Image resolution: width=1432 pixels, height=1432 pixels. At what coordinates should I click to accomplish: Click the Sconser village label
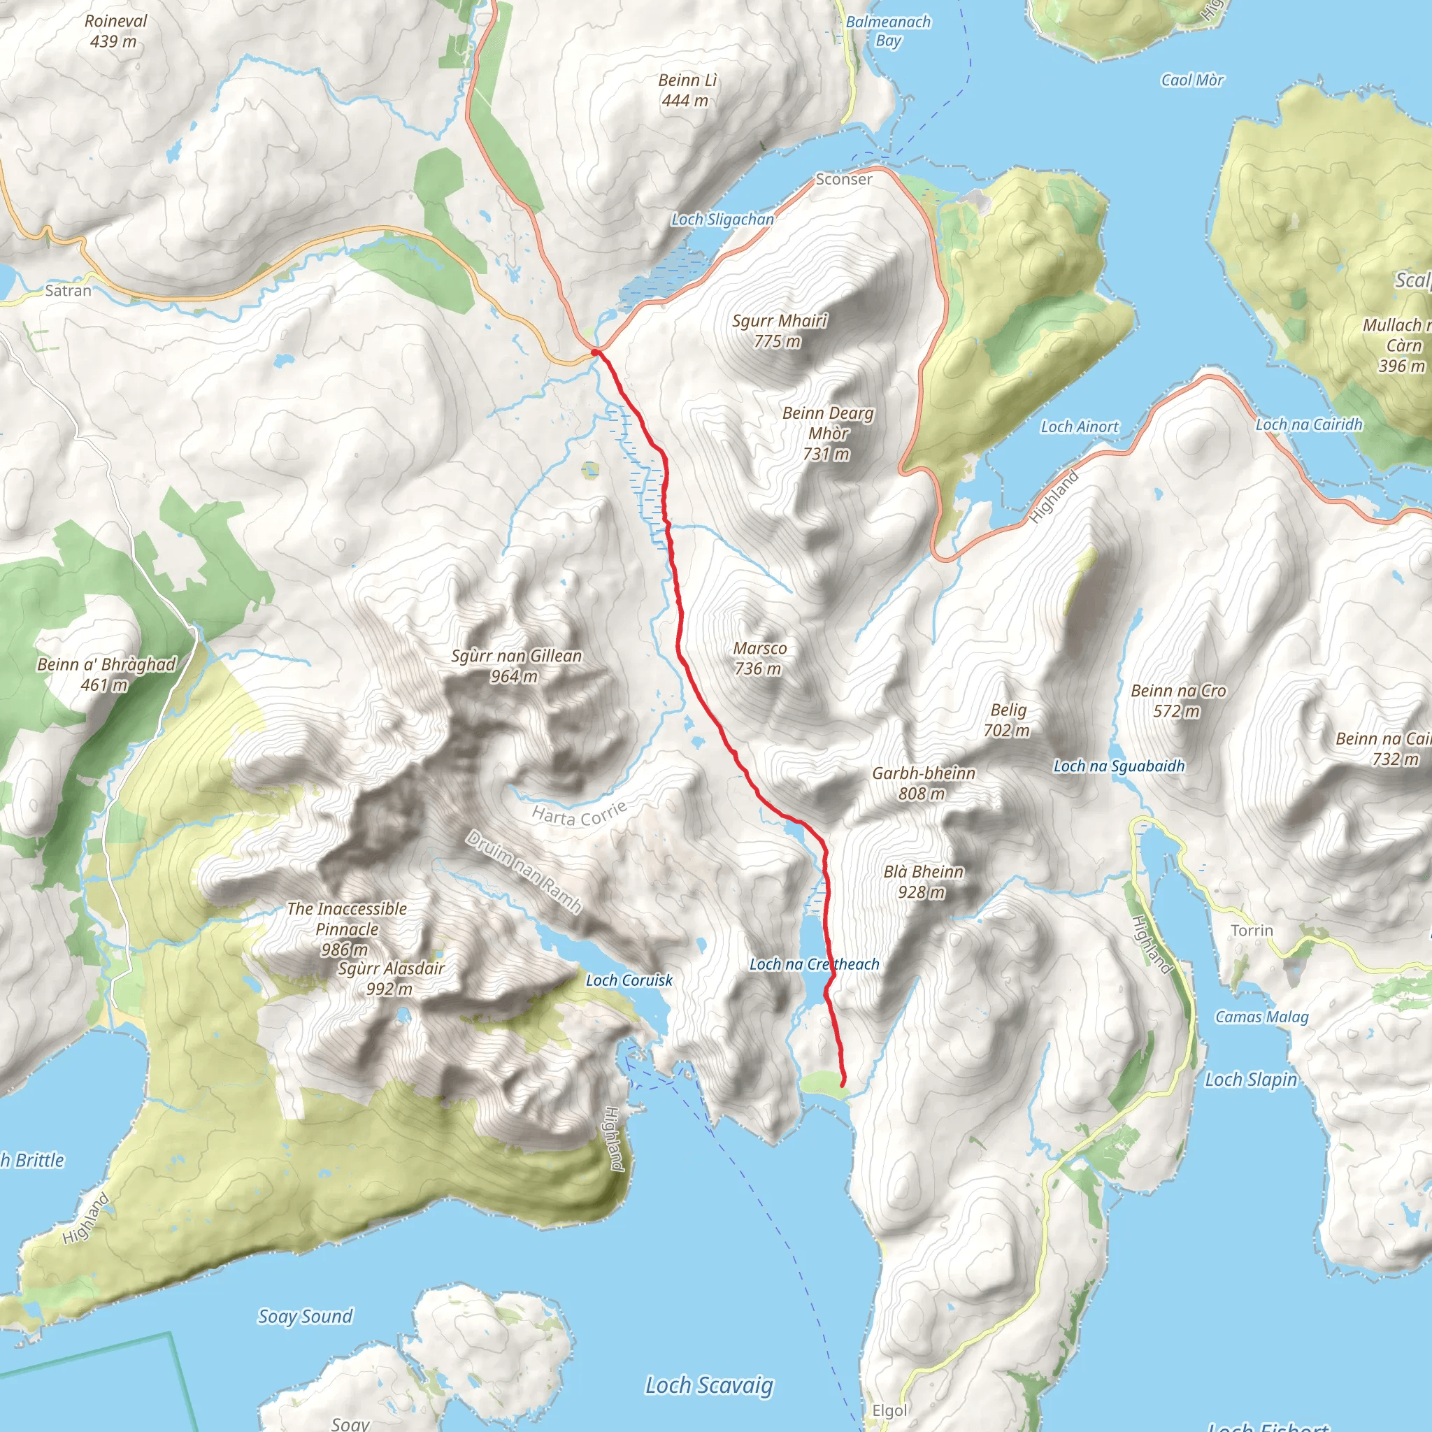pos(843,180)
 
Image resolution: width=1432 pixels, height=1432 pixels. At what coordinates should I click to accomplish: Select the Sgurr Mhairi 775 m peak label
pos(779,331)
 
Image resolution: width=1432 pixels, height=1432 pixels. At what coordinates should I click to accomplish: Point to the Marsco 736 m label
pos(759,658)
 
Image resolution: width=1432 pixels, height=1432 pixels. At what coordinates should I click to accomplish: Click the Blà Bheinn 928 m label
pos(923,881)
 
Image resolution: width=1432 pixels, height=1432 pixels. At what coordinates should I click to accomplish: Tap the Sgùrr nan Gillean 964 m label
pos(516,666)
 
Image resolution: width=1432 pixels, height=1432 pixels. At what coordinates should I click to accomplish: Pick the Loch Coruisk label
pos(629,980)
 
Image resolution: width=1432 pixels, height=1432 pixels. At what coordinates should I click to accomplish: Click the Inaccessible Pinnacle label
pos(346,928)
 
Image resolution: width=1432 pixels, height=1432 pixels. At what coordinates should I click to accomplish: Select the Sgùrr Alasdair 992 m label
pos(391,978)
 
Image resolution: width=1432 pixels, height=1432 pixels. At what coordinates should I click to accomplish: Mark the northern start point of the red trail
pos(595,352)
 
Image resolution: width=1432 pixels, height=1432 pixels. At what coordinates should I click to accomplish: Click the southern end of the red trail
pos(842,1085)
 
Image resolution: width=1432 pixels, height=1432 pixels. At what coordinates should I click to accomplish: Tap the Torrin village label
pos(1251,930)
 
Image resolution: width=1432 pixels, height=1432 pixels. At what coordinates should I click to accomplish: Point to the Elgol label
pos(889,1410)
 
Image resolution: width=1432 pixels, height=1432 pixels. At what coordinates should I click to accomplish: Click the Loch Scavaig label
pos(708,1384)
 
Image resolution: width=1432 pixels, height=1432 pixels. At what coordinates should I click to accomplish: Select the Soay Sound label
pos(305,1316)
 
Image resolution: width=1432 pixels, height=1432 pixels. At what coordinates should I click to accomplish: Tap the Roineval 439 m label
pos(115,31)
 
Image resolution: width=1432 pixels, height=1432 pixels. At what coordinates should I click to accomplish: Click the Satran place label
pos(69,291)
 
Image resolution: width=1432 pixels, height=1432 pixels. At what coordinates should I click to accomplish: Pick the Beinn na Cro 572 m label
pos(1177,701)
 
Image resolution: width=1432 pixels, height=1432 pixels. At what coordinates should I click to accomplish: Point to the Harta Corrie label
pos(579,813)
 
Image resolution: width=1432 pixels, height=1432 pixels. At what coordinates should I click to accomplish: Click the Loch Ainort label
pos(1079,427)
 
